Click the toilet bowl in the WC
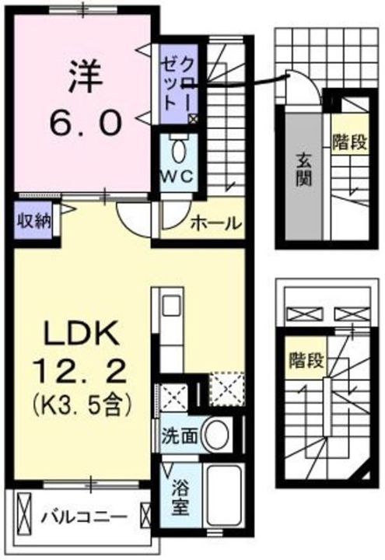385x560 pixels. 178,147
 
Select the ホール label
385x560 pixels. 215,223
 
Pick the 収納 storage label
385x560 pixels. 33,220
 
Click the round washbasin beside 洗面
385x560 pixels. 218,434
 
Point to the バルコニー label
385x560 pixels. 84,516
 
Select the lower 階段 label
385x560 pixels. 305,362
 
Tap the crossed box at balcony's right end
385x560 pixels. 145,515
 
